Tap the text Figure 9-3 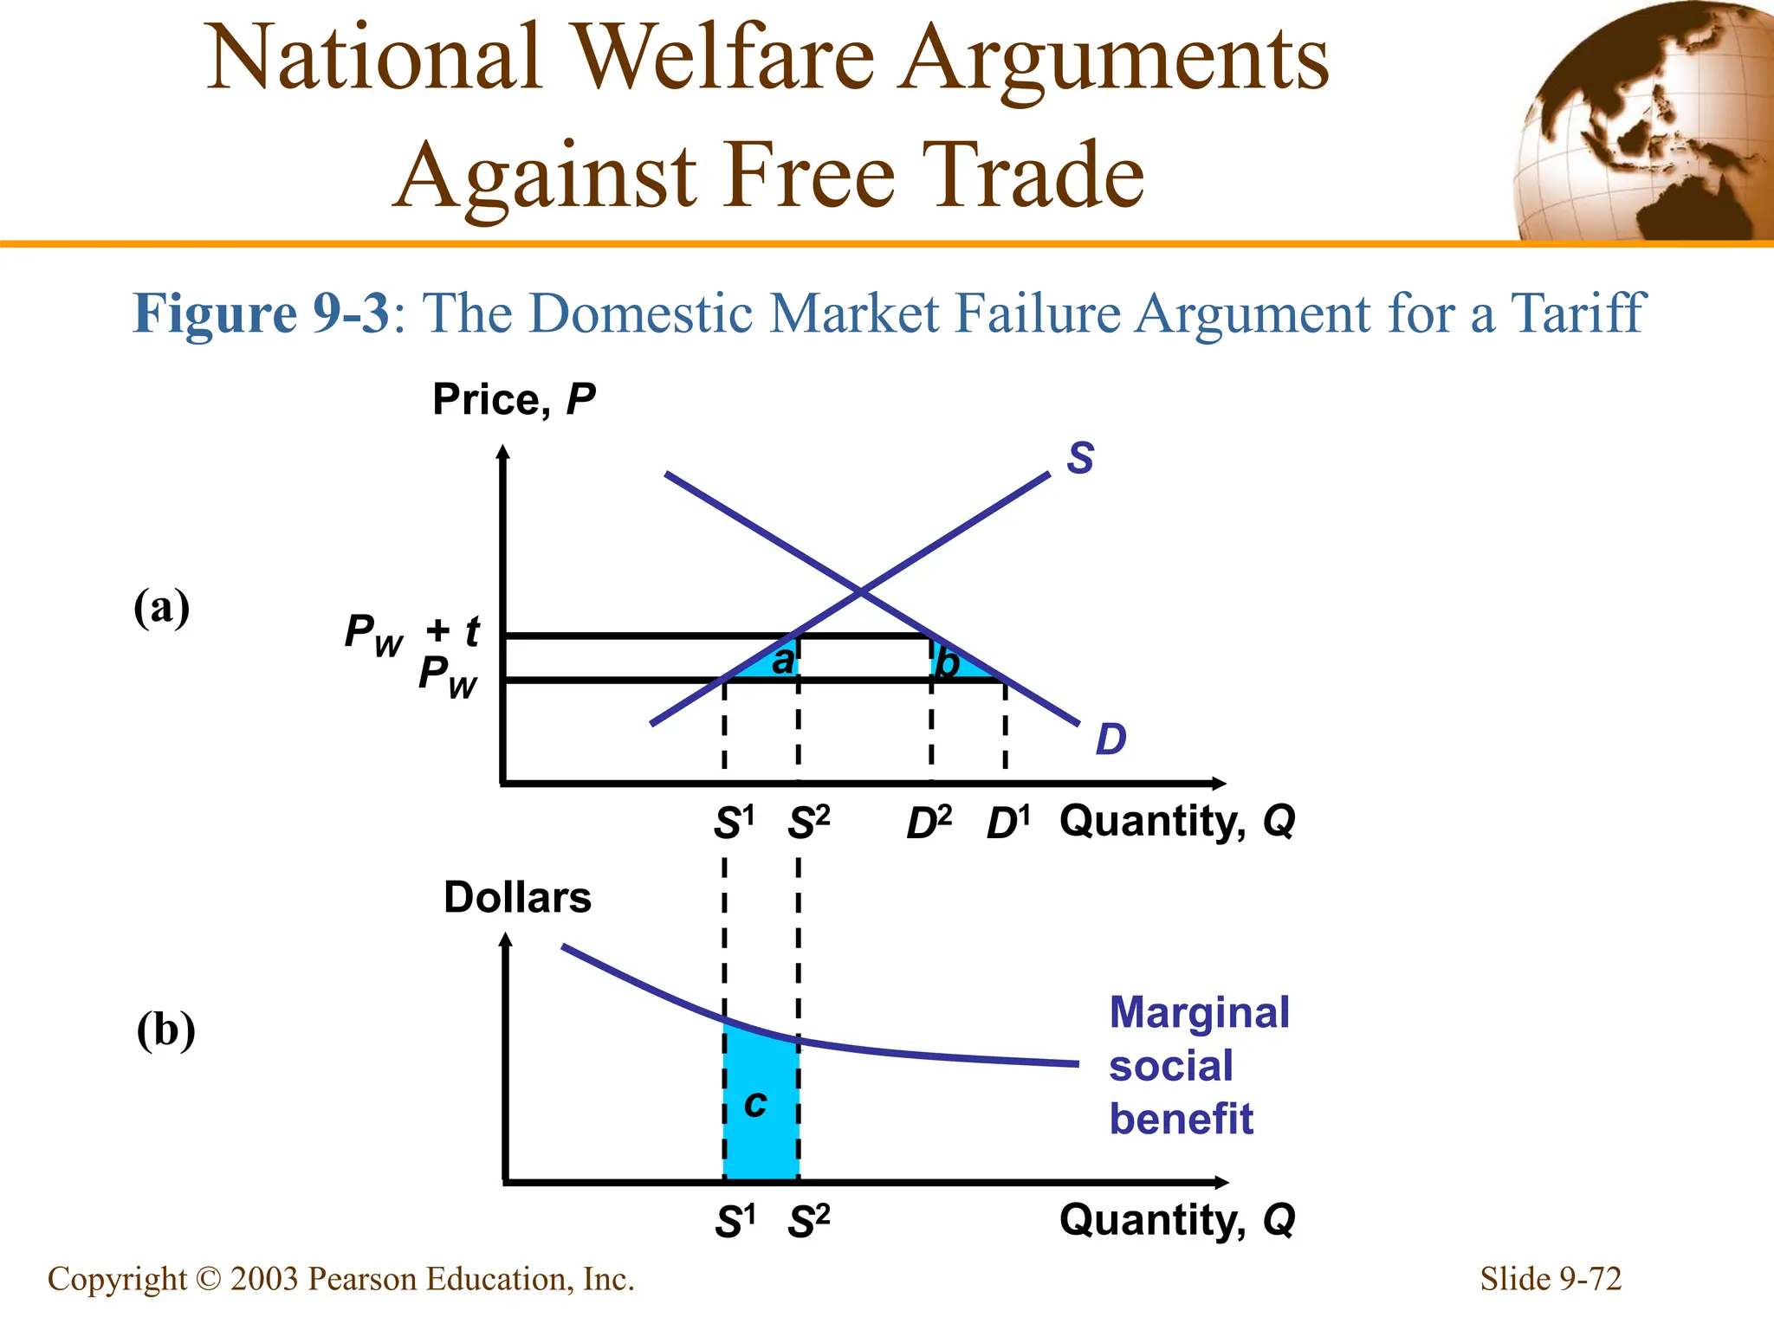tap(262, 313)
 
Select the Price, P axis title tap(514, 400)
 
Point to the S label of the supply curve tap(1080, 457)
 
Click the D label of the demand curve tap(1110, 739)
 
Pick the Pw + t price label tap(411, 633)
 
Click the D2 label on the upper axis tap(929, 823)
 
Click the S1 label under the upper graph tap(734, 823)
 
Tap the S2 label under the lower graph tap(808, 1222)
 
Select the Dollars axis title tap(517, 897)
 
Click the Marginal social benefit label tap(1199, 1065)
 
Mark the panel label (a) tap(161, 608)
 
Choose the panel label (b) tap(165, 1030)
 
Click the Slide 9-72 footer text tap(1550, 1279)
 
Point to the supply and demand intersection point tap(860, 592)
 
